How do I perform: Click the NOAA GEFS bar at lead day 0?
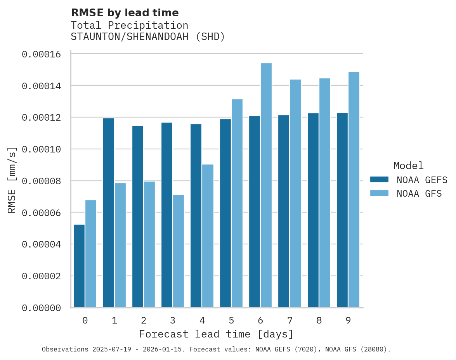click(79, 266)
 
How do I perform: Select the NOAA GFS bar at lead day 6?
click(266, 185)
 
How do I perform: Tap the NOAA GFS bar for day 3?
click(179, 251)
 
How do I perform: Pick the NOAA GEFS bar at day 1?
click(108, 213)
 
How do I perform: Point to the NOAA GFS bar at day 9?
click(354, 190)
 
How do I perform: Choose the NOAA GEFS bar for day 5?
click(225, 213)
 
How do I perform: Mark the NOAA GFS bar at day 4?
click(208, 236)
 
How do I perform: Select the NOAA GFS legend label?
click(419, 194)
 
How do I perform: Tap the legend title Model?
click(408, 166)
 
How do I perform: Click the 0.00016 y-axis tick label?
click(42, 54)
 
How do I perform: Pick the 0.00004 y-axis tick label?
click(42, 244)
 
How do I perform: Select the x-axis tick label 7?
click(290, 321)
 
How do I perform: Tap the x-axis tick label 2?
click(144, 321)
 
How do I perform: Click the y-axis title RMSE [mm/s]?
click(12, 180)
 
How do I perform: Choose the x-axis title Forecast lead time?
click(216, 334)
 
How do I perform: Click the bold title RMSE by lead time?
click(125, 13)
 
